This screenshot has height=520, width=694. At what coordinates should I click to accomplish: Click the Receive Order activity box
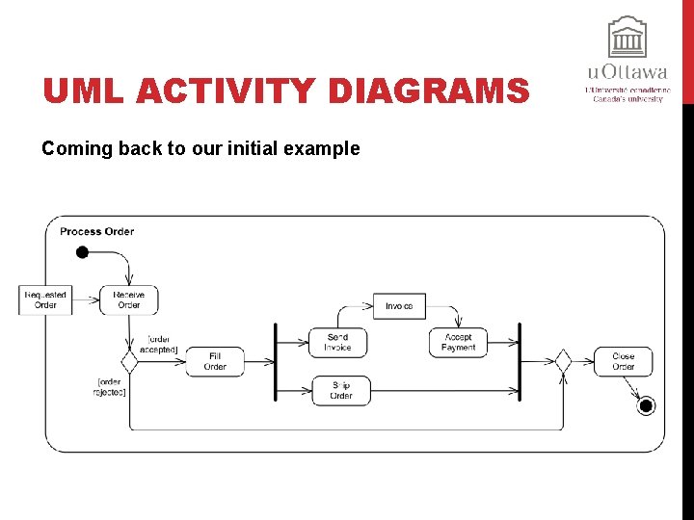128,299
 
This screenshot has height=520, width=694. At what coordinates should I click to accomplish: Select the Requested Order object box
45,299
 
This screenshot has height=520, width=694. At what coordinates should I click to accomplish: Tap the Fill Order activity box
215,361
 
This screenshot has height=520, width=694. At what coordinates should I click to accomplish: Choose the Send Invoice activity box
337,342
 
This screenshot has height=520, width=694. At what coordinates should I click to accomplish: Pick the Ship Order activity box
340,390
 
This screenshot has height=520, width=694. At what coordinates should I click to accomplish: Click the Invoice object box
399,306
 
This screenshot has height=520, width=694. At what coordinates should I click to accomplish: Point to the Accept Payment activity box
458,342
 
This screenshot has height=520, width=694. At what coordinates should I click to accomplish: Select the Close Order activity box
623,361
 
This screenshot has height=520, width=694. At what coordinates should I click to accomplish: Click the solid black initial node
82,252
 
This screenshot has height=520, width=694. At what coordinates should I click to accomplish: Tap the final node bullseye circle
646,405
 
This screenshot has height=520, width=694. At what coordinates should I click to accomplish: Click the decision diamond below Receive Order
128,361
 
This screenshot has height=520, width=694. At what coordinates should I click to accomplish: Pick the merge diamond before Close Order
563,361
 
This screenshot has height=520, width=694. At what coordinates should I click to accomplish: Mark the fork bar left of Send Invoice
276,361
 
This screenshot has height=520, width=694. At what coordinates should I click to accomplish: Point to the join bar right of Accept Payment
520,361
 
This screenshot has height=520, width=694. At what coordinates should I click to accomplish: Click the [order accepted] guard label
161,344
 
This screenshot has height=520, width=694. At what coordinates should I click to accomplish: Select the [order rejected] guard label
111,386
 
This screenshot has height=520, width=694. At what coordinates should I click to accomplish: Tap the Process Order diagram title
96,231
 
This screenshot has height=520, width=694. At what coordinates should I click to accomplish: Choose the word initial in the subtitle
235,149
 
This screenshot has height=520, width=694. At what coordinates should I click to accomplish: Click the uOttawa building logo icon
627,39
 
